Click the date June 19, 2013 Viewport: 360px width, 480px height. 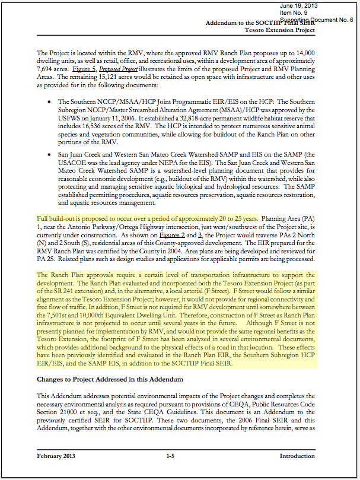[297, 5]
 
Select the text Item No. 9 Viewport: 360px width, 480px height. [293, 12]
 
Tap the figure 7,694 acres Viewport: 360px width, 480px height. [53, 61]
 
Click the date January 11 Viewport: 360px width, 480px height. [100, 119]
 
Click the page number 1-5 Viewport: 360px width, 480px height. [171, 456]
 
